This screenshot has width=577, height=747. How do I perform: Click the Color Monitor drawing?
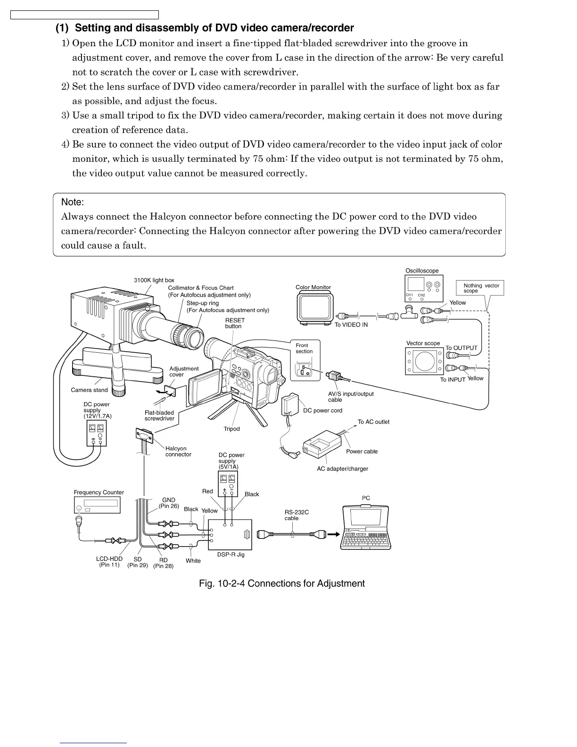click(x=315, y=307)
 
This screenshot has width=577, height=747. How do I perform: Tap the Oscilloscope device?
click(x=424, y=288)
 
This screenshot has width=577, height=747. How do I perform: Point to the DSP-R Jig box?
click(x=230, y=534)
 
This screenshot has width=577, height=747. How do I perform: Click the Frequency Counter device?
click(x=98, y=505)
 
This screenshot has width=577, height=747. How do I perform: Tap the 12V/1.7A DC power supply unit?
click(x=97, y=433)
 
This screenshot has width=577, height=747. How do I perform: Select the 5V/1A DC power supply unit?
click(x=228, y=483)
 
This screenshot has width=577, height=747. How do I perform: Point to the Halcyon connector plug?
click(x=144, y=436)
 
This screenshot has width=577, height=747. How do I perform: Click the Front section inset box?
click(x=305, y=359)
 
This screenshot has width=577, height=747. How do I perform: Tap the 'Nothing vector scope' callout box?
click(x=480, y=288)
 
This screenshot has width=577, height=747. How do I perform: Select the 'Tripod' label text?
click(x=231, y=429)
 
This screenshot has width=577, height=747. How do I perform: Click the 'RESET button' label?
click(x=235, y=323)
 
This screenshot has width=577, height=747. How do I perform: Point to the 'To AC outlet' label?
click(x=373, y=422)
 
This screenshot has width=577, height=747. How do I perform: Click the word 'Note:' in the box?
click(x=73, y=202)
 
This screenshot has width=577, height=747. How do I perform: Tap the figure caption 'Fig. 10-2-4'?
click(x=282, y=583)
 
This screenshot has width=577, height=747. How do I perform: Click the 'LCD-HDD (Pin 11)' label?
click(x=109, y=562)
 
